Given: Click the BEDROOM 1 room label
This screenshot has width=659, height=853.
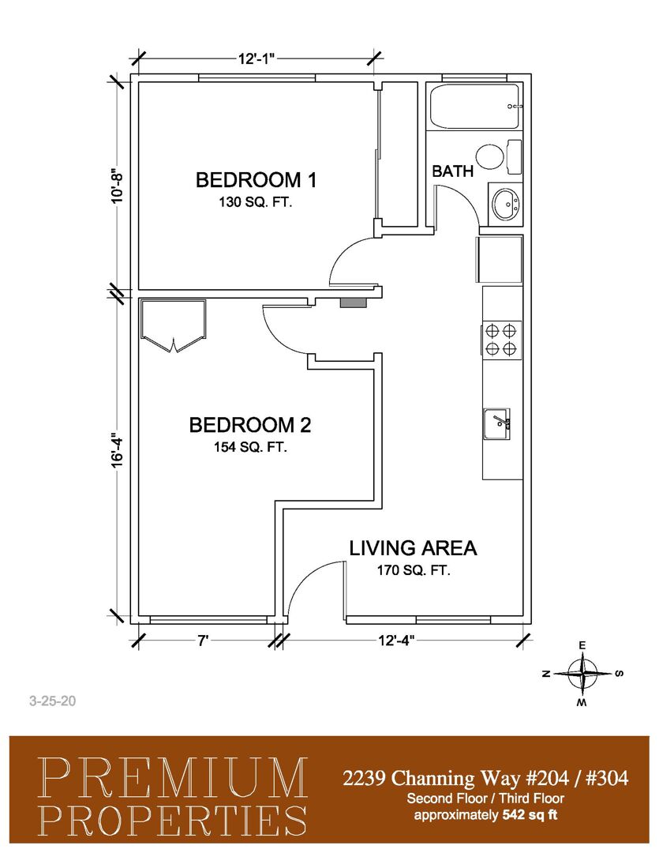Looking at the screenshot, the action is (x=256, y=179).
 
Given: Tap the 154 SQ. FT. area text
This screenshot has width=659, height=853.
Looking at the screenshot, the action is (x=250, y=447).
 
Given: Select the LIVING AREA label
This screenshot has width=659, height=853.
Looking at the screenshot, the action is (x=413, y=548).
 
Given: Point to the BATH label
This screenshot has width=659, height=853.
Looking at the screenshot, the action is (x=452, y=171).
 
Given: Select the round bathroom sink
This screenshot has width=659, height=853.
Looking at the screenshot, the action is (x=506, y=204).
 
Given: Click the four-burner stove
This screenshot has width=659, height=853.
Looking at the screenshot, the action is (x=501, y=339).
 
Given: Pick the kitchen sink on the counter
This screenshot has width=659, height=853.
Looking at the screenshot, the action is (x=496, y=424).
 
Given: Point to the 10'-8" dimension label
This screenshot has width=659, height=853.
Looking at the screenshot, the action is (x=118, y=187).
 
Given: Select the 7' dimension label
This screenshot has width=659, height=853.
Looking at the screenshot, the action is (x=204, y=641).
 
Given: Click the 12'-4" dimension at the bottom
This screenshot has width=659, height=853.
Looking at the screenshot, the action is (x=396, y=641).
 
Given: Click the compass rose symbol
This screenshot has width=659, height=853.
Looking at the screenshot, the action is (x=582, y=674).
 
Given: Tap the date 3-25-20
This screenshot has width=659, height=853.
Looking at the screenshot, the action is (x=53, y=701).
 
